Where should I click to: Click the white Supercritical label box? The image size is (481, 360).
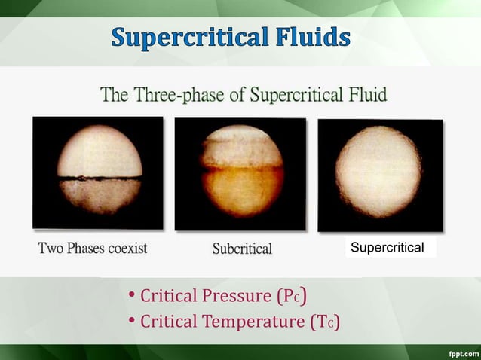[391, 248]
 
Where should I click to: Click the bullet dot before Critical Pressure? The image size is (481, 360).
[131, 294]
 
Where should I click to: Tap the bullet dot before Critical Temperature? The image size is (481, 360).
[131, 322]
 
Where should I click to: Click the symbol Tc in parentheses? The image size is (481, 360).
[325, 322]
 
